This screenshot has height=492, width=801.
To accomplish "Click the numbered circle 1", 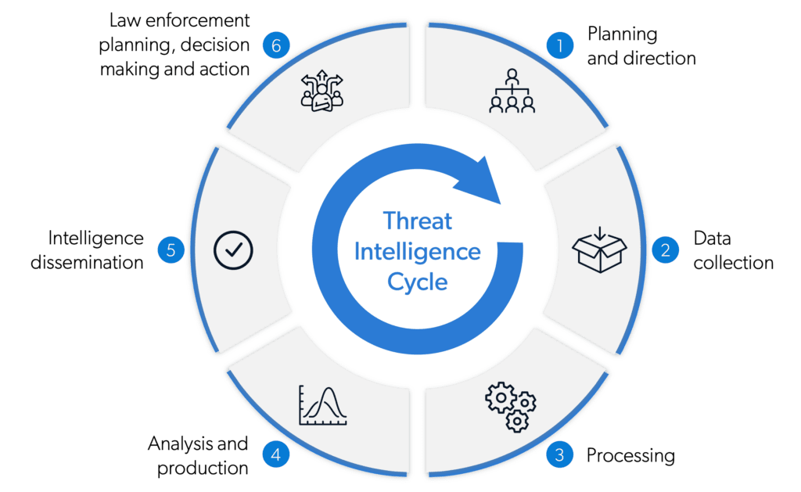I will pyautogui.click(x=559, y=45).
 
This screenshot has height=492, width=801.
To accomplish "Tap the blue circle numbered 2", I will pyautogui.click(x=666, y=250).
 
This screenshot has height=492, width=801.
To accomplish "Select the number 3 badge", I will pyautogui.click(x=559, y=455).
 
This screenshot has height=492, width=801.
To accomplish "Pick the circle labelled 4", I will pyautogui.click(x=273, y=455).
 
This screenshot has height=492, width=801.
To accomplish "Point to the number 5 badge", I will pyautogui.click(x=171, y=250).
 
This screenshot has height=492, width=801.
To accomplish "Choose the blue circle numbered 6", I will pyautogui.click(x=275, y=45).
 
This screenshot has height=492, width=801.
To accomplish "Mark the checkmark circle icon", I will pyautogui.click(x=233, y=250).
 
